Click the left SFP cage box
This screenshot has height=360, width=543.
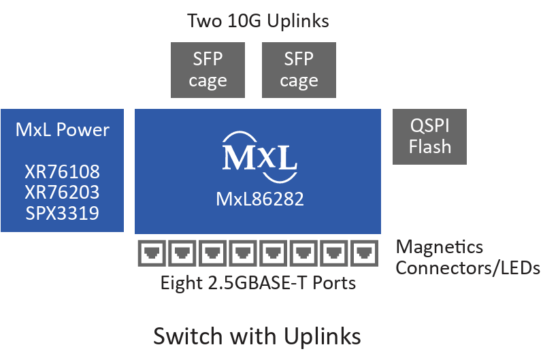[x=208, y=70]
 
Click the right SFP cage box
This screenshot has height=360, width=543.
[x=299, y=70]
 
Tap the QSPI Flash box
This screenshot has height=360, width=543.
[x=429, y=136]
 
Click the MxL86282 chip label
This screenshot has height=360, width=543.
[x=259, y=199]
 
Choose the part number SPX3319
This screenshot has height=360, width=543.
[x=62, y=212]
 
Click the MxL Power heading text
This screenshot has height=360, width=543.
[x=62, y=129]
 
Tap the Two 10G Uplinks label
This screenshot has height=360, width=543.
[x=258, y=21]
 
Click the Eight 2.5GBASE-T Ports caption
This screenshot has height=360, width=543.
[x=258, y=282]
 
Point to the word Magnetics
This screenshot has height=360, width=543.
[x=440, y=246]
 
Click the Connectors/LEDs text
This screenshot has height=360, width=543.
[x=467, y=268]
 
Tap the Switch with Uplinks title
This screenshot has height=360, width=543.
[x=257, y=336]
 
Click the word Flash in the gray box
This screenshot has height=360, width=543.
[x=429, y=146]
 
